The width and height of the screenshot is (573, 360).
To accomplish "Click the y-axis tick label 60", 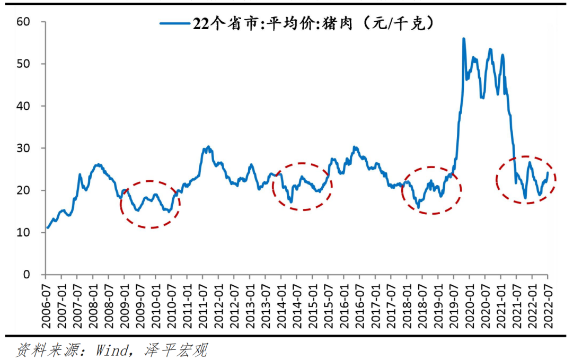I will click(24, 22).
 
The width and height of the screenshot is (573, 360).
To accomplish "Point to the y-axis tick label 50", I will click(24, 64).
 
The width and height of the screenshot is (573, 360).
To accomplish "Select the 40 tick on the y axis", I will click(24, 106).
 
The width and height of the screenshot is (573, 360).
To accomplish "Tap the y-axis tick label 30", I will click(24, 148).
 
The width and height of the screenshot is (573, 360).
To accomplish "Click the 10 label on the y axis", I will click(24, 232).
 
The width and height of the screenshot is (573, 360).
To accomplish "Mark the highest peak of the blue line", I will click(464, 39).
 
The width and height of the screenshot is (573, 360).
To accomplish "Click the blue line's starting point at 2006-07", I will click(47, 228).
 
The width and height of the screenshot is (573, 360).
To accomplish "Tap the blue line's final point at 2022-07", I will click(548, 172).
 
